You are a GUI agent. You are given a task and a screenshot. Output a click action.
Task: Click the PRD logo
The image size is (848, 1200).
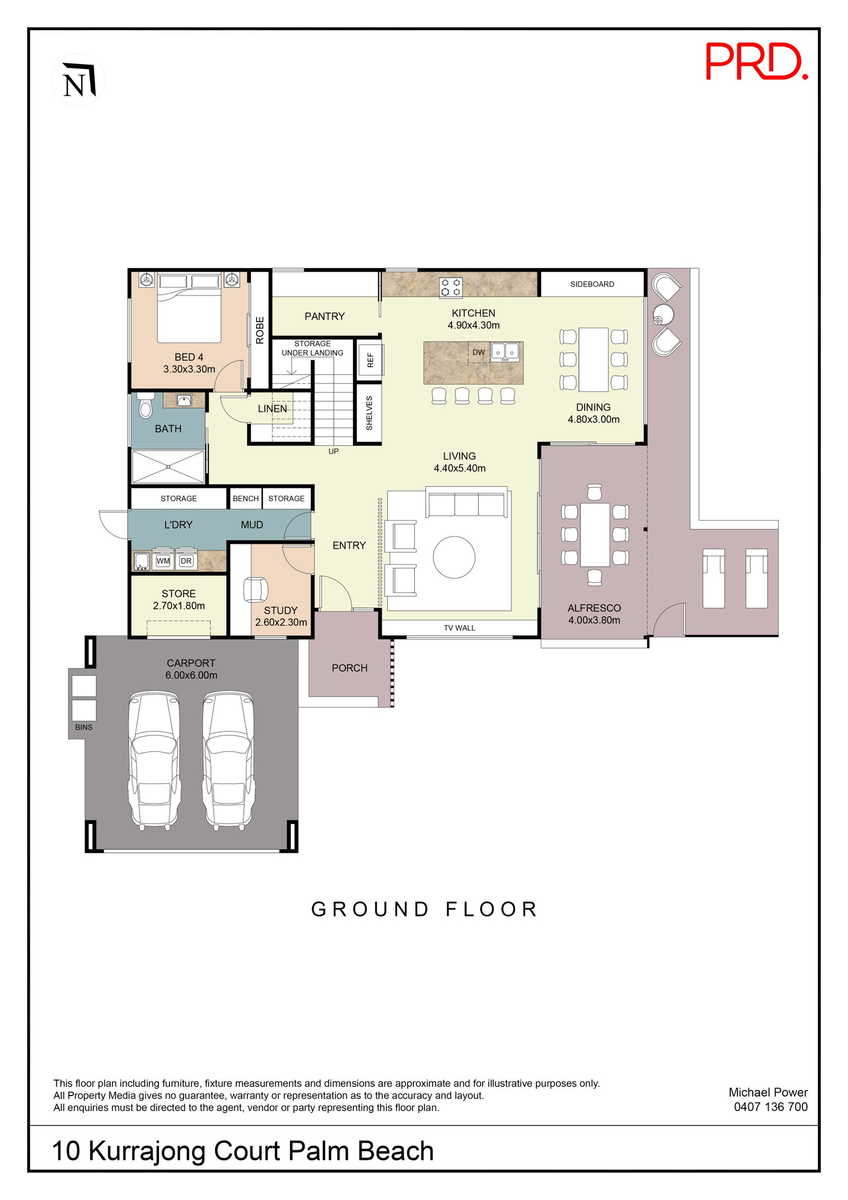(x=756, y=62)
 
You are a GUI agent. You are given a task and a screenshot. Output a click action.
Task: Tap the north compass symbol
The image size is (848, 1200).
(x=78, y=80)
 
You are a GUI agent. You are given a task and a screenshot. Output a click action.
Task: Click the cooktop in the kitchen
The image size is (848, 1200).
(x=450, y=287)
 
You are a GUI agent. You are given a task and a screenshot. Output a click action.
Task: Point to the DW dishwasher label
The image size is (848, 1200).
(x=478, y=352)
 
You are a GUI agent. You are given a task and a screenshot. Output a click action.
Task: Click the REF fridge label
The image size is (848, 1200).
(x=370, y=360)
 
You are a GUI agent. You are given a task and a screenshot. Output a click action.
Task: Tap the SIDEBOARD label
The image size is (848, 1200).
(x=591, y=284)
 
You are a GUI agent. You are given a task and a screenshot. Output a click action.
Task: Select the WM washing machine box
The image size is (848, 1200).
(x=163, y=560)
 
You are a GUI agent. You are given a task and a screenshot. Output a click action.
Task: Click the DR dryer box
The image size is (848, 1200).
(x=186, y=560)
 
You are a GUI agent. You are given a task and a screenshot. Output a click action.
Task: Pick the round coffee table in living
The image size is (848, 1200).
(x=454, y=557)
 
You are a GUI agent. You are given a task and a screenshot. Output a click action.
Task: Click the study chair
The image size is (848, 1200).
(x=255, y=589)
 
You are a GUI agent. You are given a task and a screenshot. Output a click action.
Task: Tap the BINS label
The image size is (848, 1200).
(x=84, y=727)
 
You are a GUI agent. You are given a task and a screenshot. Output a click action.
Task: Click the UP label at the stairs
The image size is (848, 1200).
(x=333, y=451)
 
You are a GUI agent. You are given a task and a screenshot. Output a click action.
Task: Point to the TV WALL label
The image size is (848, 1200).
(x=459, y=628)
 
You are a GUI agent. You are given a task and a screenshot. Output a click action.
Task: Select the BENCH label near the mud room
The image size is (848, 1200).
(x=245, y=498)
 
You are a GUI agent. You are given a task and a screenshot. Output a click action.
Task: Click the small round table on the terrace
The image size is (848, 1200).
(x=662, y=315)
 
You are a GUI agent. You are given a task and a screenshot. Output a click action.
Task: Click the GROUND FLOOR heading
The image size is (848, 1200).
(x=424, y=909)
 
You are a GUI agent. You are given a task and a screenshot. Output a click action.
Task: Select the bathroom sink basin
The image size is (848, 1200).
(x=183, y=400)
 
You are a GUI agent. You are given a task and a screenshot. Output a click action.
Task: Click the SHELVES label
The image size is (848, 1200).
(x=369, y=413)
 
